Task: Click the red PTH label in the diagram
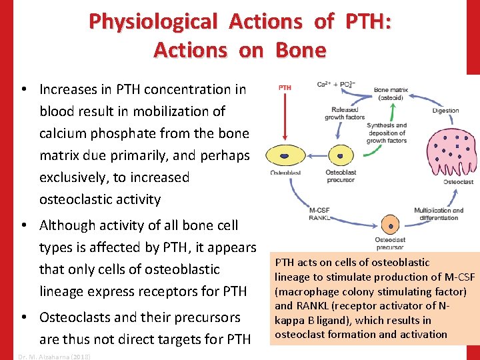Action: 284,87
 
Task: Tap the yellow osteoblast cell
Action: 284,156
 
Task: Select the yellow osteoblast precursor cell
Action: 340,156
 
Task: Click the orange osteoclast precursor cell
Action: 389,225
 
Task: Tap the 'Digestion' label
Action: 445,111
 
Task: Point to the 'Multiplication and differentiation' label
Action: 438,214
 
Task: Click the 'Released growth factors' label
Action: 345,113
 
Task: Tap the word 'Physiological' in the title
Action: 153,22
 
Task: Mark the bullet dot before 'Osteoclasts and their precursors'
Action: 23,317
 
